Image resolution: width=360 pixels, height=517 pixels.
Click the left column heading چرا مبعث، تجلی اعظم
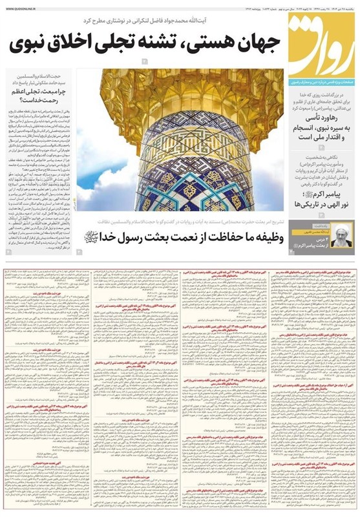click(37, 92)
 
